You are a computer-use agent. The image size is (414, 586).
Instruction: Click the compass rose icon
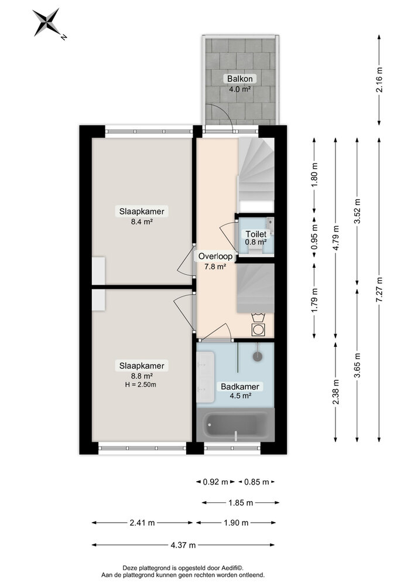pos(47,23)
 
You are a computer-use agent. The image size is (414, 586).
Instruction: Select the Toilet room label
pos(256,234)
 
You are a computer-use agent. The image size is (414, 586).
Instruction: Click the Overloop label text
pos(215,256)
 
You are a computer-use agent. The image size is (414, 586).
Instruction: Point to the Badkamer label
pos(239,387)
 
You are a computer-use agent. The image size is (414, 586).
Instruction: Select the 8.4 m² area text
pos(141,222)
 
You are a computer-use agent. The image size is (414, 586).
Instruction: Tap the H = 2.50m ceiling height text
pos(141,384)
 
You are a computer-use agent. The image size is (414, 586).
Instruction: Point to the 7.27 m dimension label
pos(379,289)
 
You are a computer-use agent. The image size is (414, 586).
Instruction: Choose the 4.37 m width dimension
pos(183,545)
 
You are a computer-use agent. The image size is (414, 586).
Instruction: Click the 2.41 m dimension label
pos(143,523)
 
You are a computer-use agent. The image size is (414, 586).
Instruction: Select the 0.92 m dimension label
pos(214,482)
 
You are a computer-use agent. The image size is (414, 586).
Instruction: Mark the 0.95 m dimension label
pos(314,239)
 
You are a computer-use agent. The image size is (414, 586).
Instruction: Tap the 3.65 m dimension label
pos(357,364)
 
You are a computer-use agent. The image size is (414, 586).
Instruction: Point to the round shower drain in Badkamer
pos(256,356)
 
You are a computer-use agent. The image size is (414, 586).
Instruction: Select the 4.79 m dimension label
pos(336,239)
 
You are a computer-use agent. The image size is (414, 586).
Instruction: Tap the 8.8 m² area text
pos(141,376)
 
